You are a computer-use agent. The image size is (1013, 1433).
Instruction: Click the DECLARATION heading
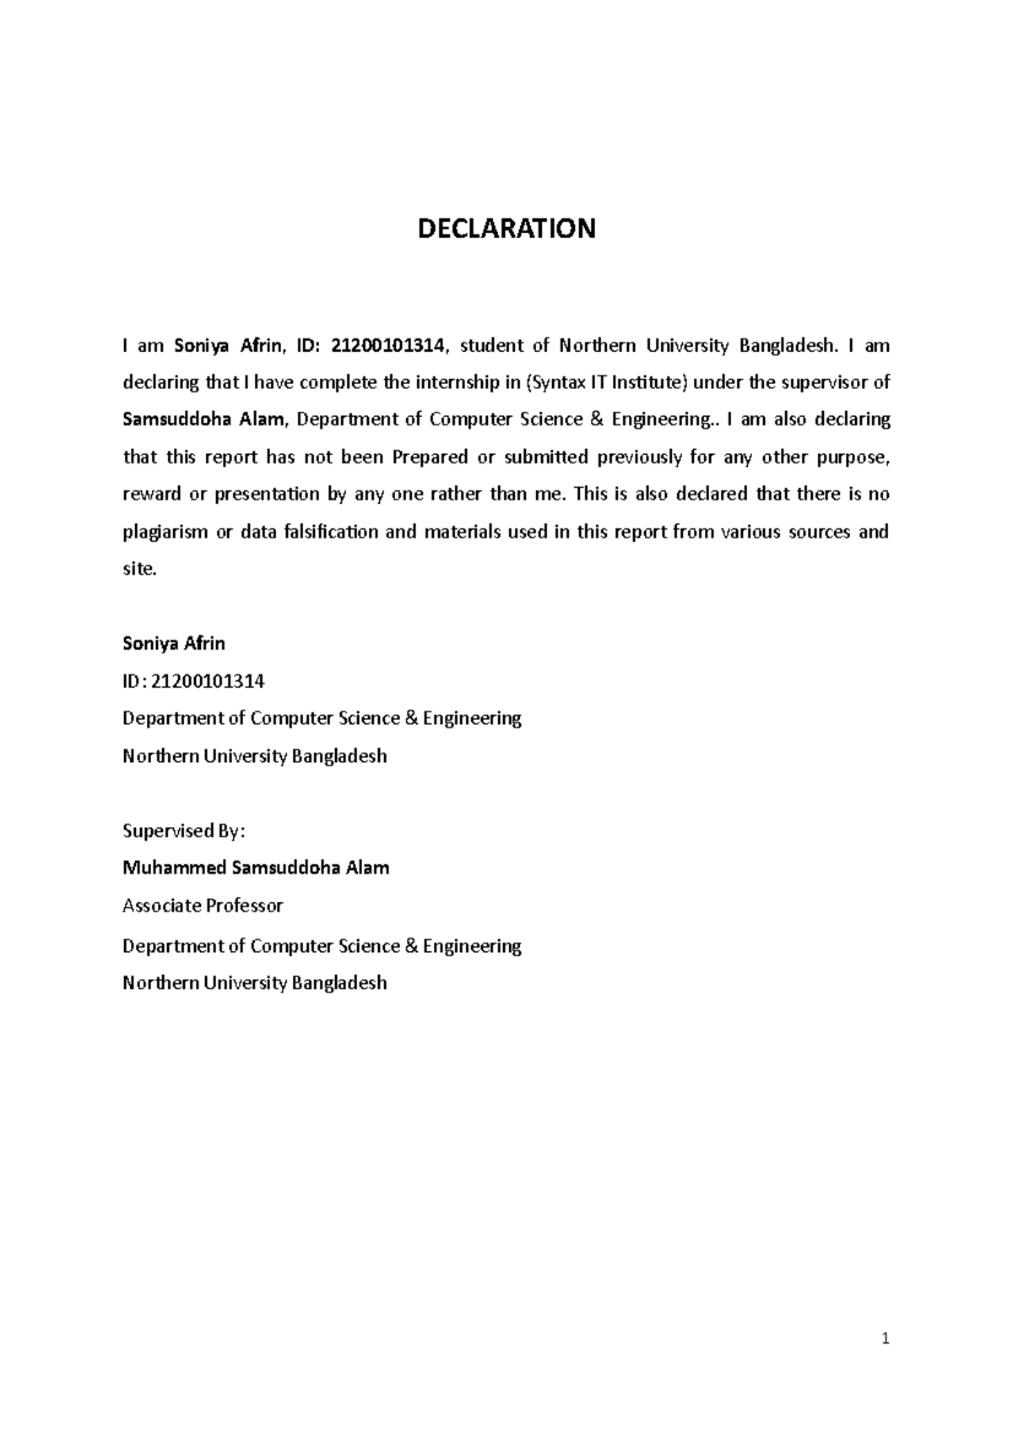506,228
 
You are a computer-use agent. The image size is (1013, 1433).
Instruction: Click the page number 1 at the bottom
885,1338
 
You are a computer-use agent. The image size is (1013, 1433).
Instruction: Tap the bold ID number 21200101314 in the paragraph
392,345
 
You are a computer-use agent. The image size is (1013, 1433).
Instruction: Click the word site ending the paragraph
138,569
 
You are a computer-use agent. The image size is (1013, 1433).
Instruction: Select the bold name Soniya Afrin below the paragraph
174,643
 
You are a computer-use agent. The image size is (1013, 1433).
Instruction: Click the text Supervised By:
183,830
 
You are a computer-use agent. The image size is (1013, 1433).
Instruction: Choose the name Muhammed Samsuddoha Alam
256,868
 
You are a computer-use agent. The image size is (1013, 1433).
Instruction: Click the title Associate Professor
203,906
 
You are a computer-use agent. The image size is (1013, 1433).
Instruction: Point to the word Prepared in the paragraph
430,457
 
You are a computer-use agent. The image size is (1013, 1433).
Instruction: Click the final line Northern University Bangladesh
254,982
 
